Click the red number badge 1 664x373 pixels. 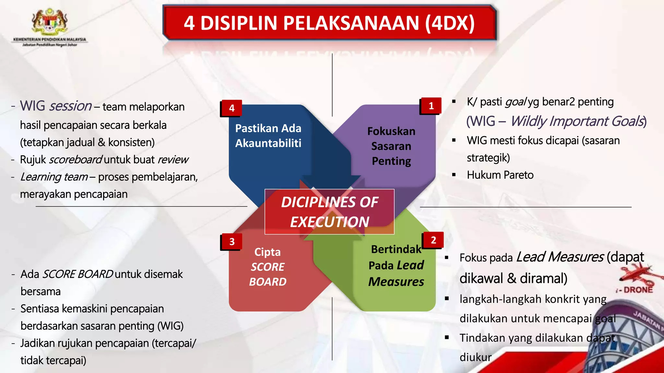click(431, 106)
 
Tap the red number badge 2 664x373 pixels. click(433, 240)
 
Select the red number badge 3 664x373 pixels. click(231, 242)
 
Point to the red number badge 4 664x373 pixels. click(231, 108)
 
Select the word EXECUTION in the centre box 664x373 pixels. click(329, 222)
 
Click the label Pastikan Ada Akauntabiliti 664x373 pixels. click(268, 136)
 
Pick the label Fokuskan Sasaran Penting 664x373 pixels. click(391, 146)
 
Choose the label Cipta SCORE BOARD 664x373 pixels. click(268, 267)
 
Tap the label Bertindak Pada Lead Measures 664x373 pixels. click(396, 266)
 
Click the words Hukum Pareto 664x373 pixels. click(500, 175)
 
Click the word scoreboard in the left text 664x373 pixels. click(76, 160)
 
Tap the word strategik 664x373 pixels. click(488, 158)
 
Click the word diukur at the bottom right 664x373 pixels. click(476, 357)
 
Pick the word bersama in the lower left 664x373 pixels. click(41, 291)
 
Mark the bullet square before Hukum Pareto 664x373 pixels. click(454, 175)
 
